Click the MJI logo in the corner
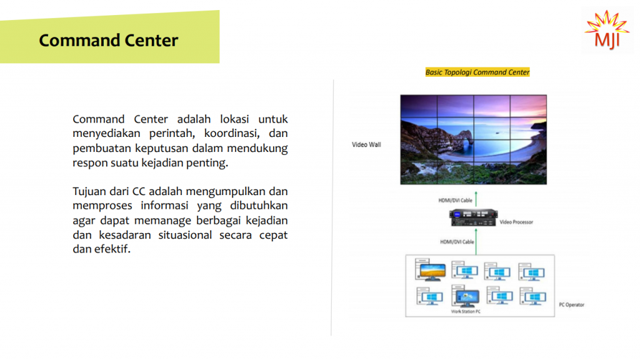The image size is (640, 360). click(x=607, y=30)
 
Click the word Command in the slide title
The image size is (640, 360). click(x=79, y=41)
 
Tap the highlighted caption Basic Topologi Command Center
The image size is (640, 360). click(x=477, y=72)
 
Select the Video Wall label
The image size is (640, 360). click(x=366, y=144)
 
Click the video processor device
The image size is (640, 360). click(x=474, y=217)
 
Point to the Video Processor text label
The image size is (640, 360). click(x=516, y=222)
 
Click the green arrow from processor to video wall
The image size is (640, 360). click(x=476, y=199)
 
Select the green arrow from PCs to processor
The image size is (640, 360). click(x=476, y=242)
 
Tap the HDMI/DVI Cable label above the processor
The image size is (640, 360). click(x=455, y=201)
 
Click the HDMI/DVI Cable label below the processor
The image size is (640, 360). click(x=457, y=242)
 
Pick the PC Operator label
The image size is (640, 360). click(x=571, y=305)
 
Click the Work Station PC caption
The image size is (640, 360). click(x=466, y=311)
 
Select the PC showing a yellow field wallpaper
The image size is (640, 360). click(x=430, y=269)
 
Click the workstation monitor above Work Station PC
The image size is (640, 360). click(x=466, y=297)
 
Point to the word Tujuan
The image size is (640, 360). click(x=89, y=192)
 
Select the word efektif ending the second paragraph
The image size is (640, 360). click(x=112, y=249)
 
